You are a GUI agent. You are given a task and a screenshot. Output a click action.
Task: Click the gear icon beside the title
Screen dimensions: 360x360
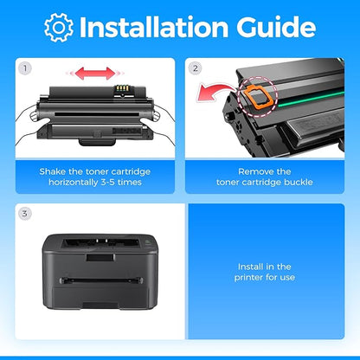59,28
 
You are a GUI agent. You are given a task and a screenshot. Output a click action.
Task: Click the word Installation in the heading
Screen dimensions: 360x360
154,27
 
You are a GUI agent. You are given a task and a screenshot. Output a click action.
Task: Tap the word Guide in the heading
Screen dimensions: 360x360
276,27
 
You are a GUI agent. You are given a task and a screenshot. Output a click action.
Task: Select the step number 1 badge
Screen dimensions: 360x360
25,68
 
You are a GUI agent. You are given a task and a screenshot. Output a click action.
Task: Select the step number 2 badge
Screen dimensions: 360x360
196,68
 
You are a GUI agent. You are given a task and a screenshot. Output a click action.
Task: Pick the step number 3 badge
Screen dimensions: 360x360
25,214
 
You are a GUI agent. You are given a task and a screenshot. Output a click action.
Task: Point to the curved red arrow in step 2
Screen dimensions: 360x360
214,93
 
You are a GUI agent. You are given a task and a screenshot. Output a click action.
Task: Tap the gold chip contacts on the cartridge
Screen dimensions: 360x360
122,87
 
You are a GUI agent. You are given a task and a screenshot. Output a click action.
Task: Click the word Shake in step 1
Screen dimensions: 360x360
53,171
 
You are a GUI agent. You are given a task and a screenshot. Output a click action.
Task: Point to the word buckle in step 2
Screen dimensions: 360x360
299,183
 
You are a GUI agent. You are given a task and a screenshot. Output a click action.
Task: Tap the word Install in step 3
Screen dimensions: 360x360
249,267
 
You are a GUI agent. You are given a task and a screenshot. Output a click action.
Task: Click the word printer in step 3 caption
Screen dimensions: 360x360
249,278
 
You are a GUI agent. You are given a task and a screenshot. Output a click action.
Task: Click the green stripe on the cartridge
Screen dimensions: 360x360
311,99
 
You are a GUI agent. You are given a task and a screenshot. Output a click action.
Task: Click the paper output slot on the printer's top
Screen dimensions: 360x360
100,243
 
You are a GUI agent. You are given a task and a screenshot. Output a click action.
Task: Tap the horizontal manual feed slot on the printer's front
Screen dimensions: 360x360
101,280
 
